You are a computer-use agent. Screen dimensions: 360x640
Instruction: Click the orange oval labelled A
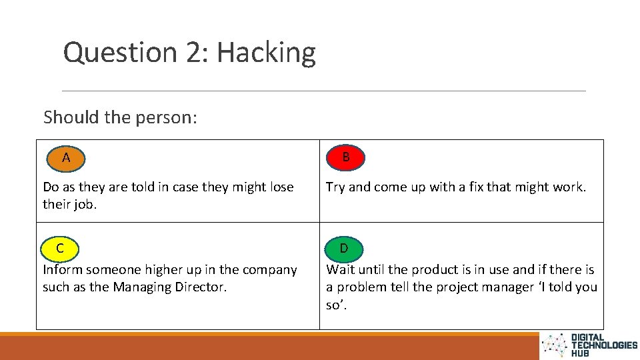65,158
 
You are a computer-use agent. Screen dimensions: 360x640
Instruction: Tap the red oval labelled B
345,157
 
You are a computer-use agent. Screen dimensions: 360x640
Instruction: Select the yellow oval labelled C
60,248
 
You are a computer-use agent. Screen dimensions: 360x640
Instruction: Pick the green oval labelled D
344,248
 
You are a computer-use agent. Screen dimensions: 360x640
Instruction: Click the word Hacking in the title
266,52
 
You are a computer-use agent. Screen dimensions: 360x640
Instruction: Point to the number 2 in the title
194,52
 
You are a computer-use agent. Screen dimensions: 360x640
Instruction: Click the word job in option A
83,205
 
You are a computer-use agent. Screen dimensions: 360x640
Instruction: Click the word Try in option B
335,187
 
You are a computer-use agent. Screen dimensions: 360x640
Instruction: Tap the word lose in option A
280,187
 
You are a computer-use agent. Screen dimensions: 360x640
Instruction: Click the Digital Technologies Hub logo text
603,345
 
